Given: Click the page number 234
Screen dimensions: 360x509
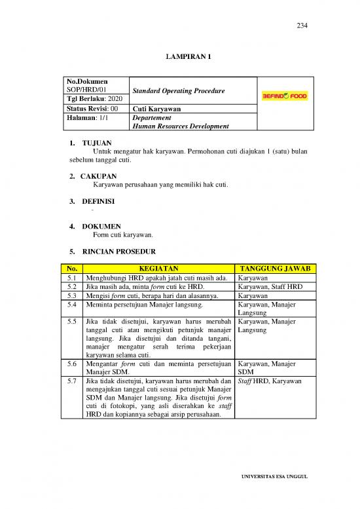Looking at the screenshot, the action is (x=302, y=26).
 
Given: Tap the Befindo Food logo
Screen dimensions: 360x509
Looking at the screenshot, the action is (x=284, y=96).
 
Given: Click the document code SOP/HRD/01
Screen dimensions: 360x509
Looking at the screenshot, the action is (x=87, y=89).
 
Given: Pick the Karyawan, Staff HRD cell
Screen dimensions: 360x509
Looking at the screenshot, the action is (x=265, y=286).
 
